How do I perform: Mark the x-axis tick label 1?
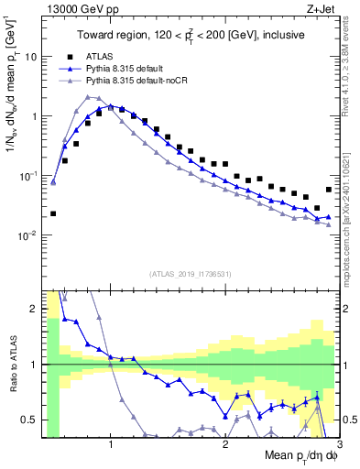pyautogui.click(x=111, y=445)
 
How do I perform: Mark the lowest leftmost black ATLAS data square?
pyautogui.click(x=53, y=213)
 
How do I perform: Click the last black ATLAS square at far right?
pyautogui.click(x=329, y=190)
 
